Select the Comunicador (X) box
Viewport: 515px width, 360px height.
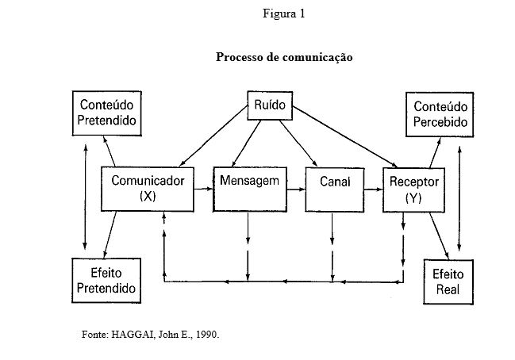click(148, 189)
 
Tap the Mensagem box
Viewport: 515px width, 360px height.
click(248, 189)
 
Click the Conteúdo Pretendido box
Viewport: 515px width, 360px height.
click(106, 114)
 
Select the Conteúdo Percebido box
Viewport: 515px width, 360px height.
click(440, 114)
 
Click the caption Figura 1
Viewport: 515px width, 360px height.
click(282, 13)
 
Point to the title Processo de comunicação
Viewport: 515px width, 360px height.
click(284, 58)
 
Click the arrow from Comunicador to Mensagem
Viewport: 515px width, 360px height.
click(204, 189)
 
